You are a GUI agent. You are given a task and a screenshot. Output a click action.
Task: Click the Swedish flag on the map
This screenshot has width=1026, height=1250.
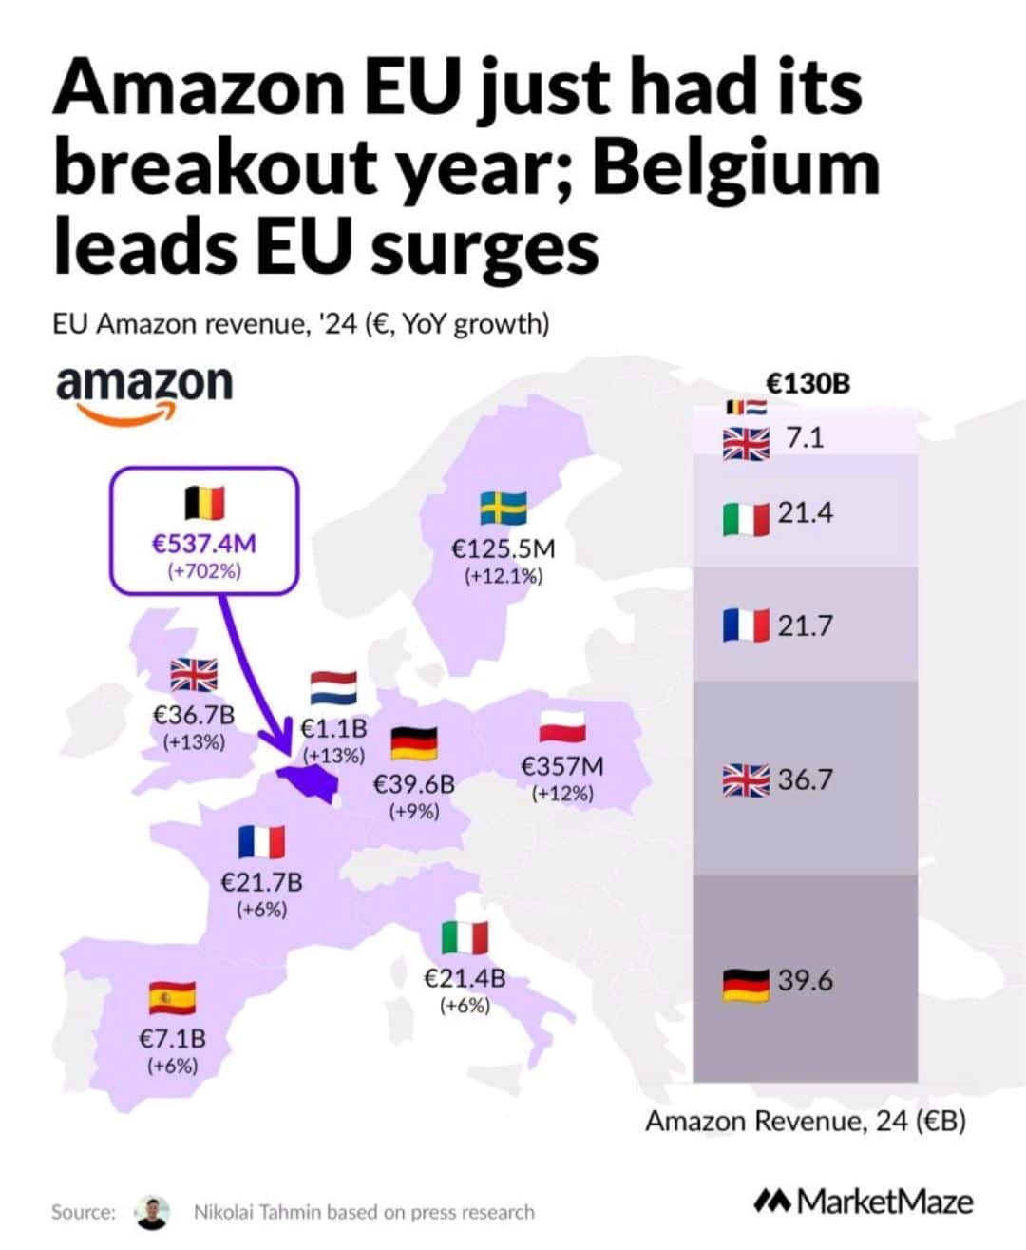click(x=503, y=509)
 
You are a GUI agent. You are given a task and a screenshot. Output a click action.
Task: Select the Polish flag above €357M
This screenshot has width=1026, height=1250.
click(x=562, y=726)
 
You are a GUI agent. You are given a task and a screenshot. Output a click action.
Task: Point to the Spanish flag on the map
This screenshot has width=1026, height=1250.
click(x=172, y=998)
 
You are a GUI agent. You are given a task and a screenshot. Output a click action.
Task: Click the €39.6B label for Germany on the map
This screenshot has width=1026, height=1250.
click(x=413, y=784)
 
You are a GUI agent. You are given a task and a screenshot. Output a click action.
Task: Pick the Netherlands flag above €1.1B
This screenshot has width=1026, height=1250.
click(x=333, y=687)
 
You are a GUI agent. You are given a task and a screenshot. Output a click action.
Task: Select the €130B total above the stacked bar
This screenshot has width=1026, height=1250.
click(x=807, y=383)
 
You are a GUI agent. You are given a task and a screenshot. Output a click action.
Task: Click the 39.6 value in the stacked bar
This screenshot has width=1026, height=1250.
click(x=805, y=980)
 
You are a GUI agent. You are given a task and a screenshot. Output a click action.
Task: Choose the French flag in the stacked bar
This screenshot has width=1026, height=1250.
click(x=746, y=625)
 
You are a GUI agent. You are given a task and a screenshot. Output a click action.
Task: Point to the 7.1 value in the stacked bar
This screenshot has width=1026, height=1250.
click(x=805, y=438)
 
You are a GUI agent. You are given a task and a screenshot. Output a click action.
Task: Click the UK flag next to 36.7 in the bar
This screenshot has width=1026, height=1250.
click(x=746, y=780)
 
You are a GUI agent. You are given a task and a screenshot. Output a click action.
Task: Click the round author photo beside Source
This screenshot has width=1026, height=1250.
click(x=152, y=1212)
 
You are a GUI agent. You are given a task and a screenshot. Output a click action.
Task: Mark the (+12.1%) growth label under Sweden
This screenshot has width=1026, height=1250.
click(x=503, y=576)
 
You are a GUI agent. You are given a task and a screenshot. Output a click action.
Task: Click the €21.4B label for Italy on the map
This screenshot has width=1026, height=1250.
click(x=465, y=977)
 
